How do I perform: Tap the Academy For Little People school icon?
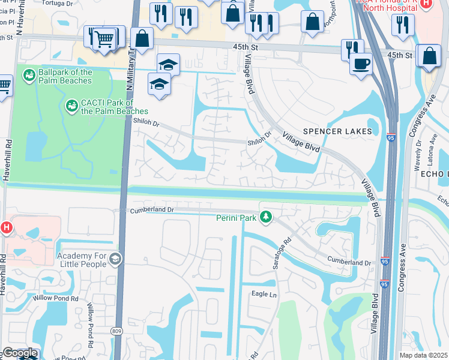point(115,259)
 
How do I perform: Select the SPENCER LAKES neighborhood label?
point(337,131)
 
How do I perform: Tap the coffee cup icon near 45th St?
point(361,63)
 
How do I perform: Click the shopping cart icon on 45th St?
point(104,40)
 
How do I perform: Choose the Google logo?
point(20,353)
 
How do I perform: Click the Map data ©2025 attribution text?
point(424,355)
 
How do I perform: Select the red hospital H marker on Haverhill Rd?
point(6,227)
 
